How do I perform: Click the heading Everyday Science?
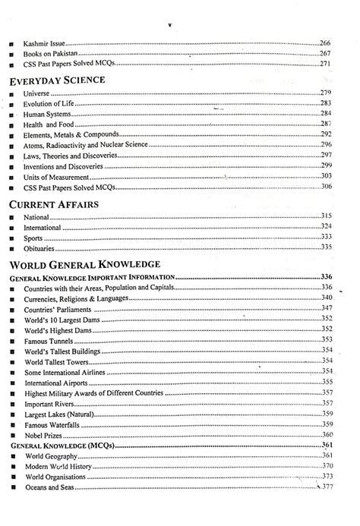tap(56, 78)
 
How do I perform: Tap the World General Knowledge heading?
tap(84, 263)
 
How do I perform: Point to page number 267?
tap(326, 54)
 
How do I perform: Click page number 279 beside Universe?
tap(326, 92)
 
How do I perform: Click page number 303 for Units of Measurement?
tap(326, 176)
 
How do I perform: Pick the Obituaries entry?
tap(41, 247)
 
